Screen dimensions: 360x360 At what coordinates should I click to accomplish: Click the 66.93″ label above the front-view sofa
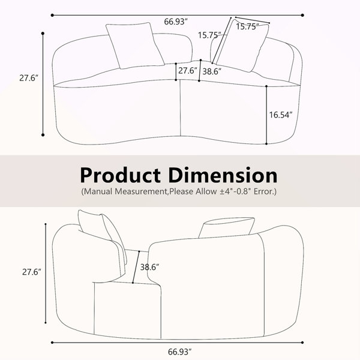pyautogui.click(x=176, y=22)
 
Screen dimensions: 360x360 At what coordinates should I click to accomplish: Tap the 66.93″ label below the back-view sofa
pyautogui.click(x=180, y=352)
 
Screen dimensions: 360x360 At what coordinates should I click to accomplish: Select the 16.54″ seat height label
pyautogui.click(x=281, y=115)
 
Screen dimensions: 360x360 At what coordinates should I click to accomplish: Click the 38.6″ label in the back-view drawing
pyautogui.click(x=149, y=267)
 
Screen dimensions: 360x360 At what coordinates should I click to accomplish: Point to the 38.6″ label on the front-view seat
pyautogui.click(x=212, y=71)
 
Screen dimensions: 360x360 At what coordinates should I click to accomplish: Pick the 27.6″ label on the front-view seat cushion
pyautogui.click(x=188, y=70)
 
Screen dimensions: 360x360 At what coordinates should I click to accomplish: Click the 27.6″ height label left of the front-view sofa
pyautogui.click(x=29, y=78)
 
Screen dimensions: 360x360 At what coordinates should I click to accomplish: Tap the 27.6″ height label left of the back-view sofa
pyautogui.click(x=32, y=272)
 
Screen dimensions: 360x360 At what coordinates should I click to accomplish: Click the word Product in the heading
pyautogui.click(x=121, y=176)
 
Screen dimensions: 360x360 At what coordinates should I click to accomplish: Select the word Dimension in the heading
pyautogui.click(x=223, y=175)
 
